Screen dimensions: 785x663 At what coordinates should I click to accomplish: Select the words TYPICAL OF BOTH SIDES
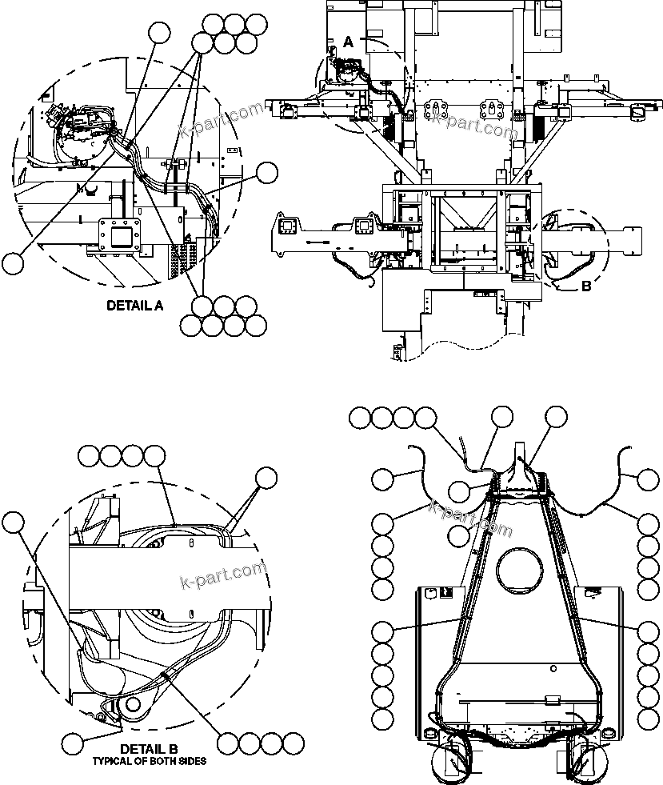pyautogui.click(x=149, y=760)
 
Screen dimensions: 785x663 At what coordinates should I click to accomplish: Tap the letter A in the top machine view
pyautogui.click(x=348, y=40)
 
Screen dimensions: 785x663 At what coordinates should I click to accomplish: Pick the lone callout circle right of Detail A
pyautogui.click(x=266, y=172)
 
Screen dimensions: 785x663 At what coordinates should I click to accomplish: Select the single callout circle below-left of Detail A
pyautogui.click(x=14, y=262)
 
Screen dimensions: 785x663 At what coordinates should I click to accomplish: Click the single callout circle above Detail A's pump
pyautogui.click(x=160, y=32)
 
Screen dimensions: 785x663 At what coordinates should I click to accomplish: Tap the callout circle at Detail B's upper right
pyautogui.click(x=266, y=479)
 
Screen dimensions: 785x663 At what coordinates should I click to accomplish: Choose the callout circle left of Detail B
pyautogui.click(x=13, y=523)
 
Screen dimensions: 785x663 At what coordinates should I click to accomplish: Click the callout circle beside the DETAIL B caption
pyautogui.click(x=74, y=744)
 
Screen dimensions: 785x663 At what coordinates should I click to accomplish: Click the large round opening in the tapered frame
pyautogui.click(x=520, y=571)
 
